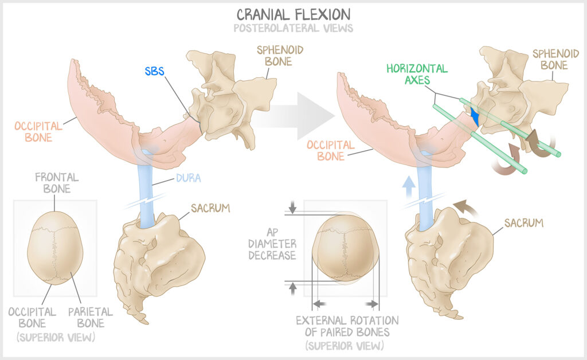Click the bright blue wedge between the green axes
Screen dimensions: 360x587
tap(474, 116)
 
